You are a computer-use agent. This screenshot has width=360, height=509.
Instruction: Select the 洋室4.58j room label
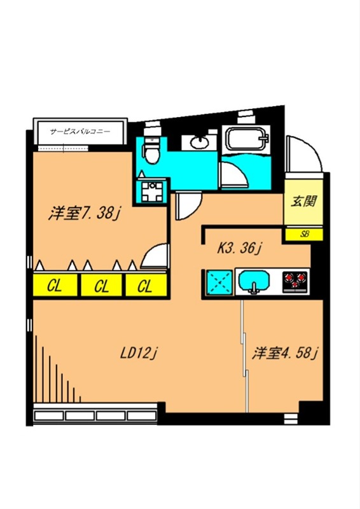click(x=286, y=353)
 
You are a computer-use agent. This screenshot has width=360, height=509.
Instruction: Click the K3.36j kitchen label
click(x=240, y=248)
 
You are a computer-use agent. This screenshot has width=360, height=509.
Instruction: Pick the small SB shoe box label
click(x=305, y=234)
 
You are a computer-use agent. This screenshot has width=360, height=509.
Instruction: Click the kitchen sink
click(x=256, y=281)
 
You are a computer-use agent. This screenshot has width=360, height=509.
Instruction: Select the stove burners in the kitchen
click(x=295, y=281)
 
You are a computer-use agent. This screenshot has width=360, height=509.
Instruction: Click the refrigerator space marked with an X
click(x=218, y=281)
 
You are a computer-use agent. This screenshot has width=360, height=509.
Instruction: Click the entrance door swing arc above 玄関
click(x=303, y=155)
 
